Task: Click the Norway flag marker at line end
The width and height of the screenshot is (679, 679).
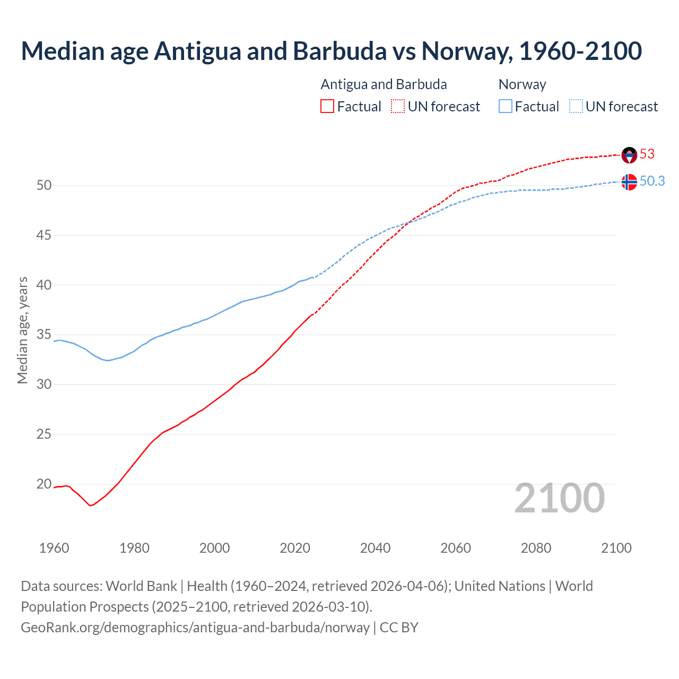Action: coord(629,182)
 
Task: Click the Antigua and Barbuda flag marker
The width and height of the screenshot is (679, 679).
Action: coord(629,155)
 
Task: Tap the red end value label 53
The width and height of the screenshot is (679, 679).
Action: coord(647,154)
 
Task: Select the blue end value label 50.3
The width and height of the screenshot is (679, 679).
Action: coord(652,181)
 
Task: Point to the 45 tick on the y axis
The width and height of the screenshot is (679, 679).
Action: coord(44,235)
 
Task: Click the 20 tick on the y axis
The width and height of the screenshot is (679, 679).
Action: coord(44,484)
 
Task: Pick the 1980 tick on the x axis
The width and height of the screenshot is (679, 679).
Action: coord(134,548)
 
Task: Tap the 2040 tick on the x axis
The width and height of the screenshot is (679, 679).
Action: coord(375,548)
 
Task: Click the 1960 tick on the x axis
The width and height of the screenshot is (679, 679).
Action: coord(54,548)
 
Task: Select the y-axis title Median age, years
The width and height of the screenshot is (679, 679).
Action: coord(22,330)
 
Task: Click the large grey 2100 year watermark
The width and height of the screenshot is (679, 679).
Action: coord(559,498)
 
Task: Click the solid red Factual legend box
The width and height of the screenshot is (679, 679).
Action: coord(327,107)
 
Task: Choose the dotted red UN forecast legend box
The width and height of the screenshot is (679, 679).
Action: coord(398,107)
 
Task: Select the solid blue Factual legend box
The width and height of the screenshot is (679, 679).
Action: coord(506,107)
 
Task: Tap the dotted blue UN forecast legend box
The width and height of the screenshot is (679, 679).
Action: coord(576,107)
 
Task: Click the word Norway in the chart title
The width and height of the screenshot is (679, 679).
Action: coord(466,51)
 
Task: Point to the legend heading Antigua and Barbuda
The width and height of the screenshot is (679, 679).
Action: coord(384,84)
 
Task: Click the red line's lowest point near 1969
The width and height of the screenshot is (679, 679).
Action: coord(90,506)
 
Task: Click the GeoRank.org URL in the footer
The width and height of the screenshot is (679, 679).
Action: coord(195,628)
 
